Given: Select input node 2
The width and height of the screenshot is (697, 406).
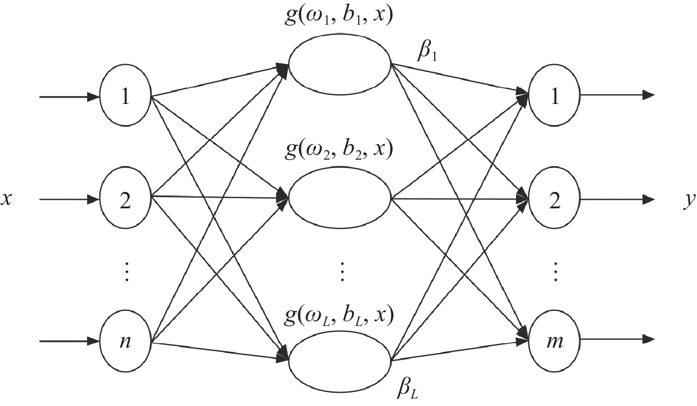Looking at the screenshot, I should click(x=126, y=199).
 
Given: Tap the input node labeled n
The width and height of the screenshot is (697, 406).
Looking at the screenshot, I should click(x=126, y=341).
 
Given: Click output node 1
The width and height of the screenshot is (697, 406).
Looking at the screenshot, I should click(x=554, y=96).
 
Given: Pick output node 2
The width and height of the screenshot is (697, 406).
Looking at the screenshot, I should click(x=554, y=199).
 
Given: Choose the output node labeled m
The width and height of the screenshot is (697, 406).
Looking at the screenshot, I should click(x=554, y=341).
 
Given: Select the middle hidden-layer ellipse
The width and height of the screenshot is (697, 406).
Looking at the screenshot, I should click(x=340, y=199).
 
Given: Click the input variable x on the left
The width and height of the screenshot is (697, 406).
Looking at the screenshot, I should click(x=6, y=199).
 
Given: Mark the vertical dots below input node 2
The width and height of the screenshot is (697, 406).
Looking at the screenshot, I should click(x=126, y=272).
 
